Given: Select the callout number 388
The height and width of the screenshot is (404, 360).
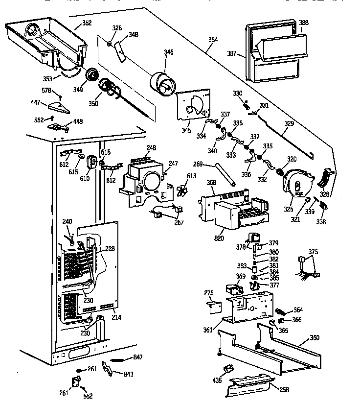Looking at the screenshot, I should coord(304,23).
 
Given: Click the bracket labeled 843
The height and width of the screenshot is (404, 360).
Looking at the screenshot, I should coord(108,369).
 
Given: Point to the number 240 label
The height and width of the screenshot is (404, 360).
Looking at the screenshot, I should coord(67,221).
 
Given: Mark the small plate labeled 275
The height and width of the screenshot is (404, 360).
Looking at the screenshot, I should coord(212,306).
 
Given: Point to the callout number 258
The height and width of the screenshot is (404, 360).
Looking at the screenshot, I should coord(283,390).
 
